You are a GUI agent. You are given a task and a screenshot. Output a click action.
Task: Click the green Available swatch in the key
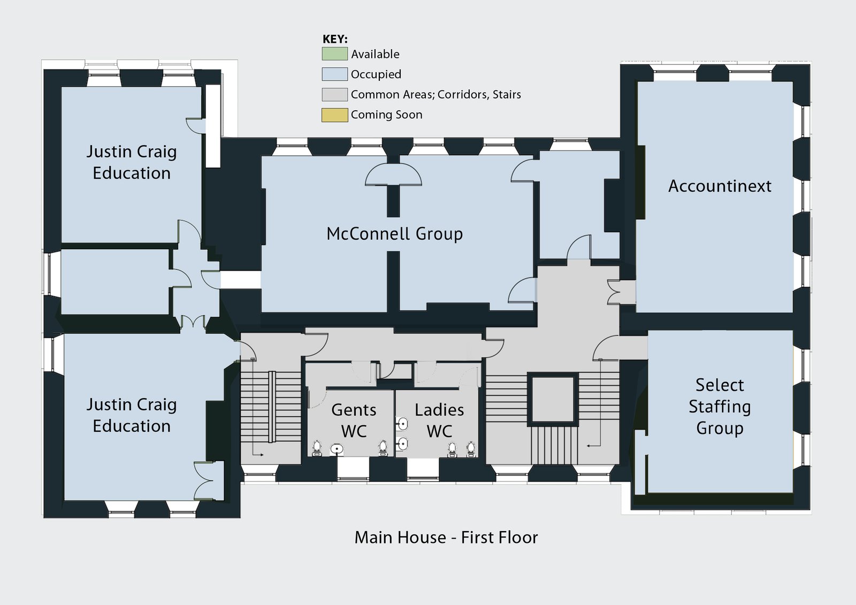click(334, 54)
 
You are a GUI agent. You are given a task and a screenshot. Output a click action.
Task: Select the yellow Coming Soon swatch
click(334, 115)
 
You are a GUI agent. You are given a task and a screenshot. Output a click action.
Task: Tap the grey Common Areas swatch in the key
click(334, 95)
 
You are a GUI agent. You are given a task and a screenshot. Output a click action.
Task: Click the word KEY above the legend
click(335, 39)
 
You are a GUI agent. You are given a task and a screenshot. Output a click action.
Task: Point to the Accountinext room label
click(720, 186)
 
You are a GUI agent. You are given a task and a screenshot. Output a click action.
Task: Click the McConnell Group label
click(394, 234)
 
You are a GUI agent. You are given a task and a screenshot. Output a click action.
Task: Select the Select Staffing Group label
click(720, 407)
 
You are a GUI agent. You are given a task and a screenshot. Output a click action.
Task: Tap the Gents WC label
click(354, 420)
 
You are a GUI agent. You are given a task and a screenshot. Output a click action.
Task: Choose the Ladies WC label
click(439, 420)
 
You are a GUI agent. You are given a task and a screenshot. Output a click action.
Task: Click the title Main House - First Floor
click(446, 537)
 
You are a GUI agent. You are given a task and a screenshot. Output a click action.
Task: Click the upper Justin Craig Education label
click(132, 162)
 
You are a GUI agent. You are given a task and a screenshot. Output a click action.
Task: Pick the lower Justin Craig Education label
click(132, 415)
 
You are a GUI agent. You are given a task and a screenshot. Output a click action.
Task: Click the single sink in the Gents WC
click(337, 448)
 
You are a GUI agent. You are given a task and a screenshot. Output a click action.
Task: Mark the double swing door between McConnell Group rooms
click(393, 175)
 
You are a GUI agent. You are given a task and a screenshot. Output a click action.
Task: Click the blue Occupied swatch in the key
click(334, 74)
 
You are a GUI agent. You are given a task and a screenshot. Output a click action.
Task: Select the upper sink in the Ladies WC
click(402, 424)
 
